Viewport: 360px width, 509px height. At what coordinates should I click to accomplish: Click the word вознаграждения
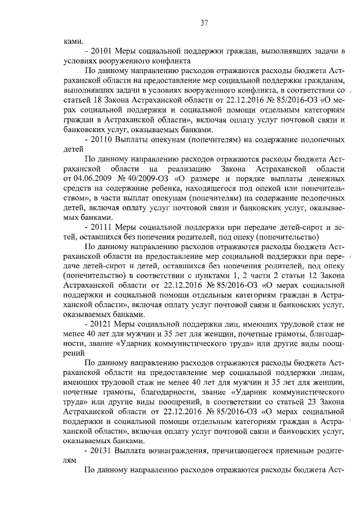tap(174, 451)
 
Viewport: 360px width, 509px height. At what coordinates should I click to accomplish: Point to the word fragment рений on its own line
tap(74, 354)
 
